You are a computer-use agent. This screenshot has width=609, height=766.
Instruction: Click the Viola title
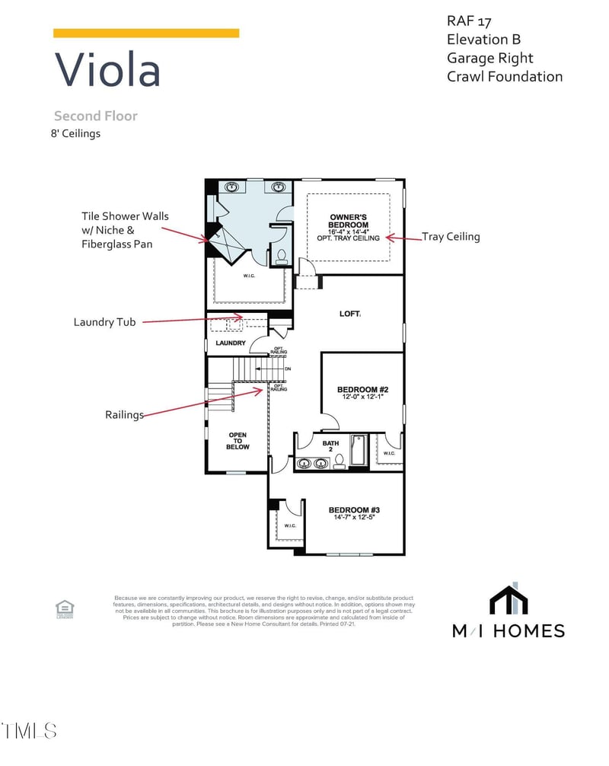pyautogui.click(x=107, y=70)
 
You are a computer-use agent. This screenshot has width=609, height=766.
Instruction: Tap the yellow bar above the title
pyautogui.click(x=146, y=33)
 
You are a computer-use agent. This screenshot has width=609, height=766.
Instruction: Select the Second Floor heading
pyautogui.click(x=95, y=116)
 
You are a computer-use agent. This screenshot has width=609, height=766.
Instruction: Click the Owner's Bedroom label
pyautogui.click(x=349, y=221)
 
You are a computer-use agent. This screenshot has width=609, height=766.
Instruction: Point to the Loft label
pyautogui.click(x=350, y=313)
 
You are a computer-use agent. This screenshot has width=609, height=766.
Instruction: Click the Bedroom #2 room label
pyautogui.click(x=362, y=389)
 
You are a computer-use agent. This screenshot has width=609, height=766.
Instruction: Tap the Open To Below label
pyautogui.click(x=238, y=441)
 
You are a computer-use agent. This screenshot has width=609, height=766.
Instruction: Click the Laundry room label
pyautogui.click(x=231, y=343)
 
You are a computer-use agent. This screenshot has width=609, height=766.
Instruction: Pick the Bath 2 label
pyautogui.click(x=330, y=446)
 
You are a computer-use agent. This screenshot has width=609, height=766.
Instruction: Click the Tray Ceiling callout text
pyautogui.click(x=451, y=237)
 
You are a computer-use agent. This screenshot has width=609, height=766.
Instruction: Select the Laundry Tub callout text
pyautogui.click(x=104, y=322)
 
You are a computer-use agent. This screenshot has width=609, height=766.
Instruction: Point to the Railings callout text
pyautogui.click(x=124, y=415)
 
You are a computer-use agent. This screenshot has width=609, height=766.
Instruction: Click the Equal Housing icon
pyautogui.click(x=65, y=608)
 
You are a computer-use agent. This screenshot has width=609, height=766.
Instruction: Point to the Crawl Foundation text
pyautogui.click(x=505, y=76)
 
